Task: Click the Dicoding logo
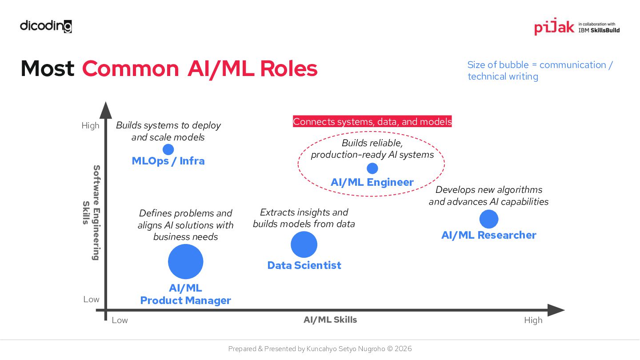(x=46, y=26)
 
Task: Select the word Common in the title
(x=130, y=68)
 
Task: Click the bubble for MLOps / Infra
(x=168, y=149)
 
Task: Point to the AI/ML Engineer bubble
(x=372, y=168)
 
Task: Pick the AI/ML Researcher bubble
(x=489, y=219)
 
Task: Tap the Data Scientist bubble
(x=304, y=244)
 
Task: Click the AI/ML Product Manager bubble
(x=185, y=262)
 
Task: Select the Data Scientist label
(x=304, y=265)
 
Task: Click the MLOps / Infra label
(x=168, y=161)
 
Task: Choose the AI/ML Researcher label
(x=488, y=235)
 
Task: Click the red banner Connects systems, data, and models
(x=372, y=121)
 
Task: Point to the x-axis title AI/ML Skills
(x=330, y=320)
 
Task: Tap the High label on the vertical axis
(x=90, y=125)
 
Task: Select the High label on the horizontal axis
(x=533, y=320)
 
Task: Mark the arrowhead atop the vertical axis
(x=106, y=111)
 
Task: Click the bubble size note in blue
(x=540, y=70)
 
